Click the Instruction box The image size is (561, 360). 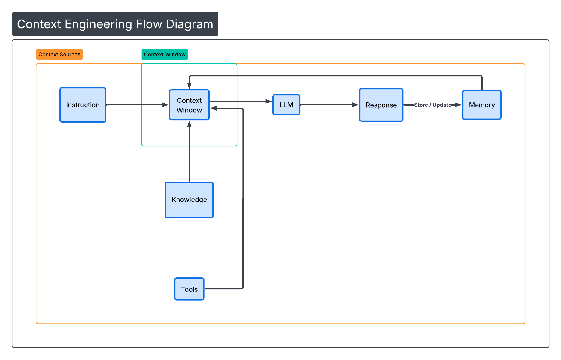[x=83, y=105]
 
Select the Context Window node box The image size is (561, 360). [x=189, y=105]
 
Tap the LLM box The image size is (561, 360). [x=286, y=105]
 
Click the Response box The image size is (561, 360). [x=381, y=105]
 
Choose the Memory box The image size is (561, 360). [x=482, y=105]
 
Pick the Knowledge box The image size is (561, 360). [x=189, y=200]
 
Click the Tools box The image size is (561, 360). [x=189, y=289]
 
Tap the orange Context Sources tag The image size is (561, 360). [x=59, y=54]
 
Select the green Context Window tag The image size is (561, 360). [x=165, y=54]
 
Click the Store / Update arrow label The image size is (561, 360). [x=432, y=105]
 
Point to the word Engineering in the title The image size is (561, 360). [x=99, y=24]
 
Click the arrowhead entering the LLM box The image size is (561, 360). [x=269, y=102]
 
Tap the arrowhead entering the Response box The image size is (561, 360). [x=355, y=105]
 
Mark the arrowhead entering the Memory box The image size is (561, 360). [x=458, y=105]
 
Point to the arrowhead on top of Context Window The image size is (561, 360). [x=189, y=86]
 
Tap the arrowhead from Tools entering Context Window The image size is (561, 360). [x=214, y=108]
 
